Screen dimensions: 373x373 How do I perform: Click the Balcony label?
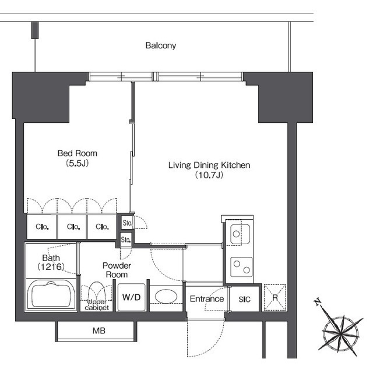[x=161, y=45]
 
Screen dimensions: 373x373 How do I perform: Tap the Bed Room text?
[x=78, y=153]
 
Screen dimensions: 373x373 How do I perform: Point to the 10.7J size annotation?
[x=209, y=175]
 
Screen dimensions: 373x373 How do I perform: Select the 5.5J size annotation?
[x=78, y=163]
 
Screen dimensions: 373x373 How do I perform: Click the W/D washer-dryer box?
[x=131, y=297]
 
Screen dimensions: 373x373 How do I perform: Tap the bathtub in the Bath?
[x=51, y=295]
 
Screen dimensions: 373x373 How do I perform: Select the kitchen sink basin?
[x=240, y=234]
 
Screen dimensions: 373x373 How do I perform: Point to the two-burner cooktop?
[x=241, y=267]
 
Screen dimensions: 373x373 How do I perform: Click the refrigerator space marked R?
[x=275, y=298]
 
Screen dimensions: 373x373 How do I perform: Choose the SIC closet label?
[x=244, y=299]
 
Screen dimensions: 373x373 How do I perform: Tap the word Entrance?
[x=207, y=299]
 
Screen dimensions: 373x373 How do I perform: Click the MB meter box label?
[x=99, y=330]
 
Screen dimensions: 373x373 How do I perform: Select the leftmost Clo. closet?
[x=42, y=227]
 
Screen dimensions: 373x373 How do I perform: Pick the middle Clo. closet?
[x=72, y=227]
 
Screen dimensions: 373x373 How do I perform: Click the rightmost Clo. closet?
[x=102, y=227]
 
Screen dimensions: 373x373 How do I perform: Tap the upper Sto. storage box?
[x=127, y=223]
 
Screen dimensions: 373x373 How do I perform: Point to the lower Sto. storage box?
[x=126, y=240]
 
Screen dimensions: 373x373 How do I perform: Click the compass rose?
[x=340, y=331]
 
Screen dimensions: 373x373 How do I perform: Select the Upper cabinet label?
[x=97, y=305]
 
